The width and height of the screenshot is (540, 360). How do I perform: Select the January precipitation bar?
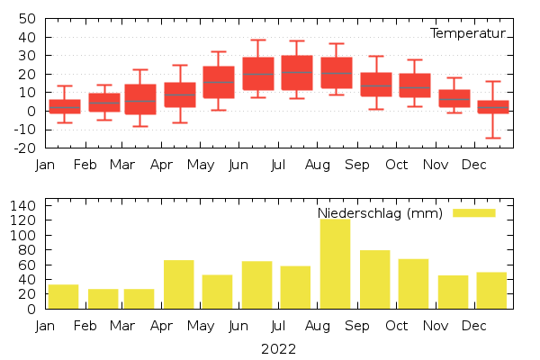point(63,296)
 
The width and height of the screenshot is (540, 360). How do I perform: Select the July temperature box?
point(297,73)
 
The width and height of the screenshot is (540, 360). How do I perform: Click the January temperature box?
point(65,106)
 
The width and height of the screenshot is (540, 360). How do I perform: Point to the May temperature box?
point(219,82)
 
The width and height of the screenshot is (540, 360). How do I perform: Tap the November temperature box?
point(454,98)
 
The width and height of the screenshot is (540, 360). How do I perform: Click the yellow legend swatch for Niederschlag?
point(473,212)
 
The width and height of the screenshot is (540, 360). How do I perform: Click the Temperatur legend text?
point(468,33)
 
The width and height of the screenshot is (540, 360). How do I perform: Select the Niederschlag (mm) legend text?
point(380,213)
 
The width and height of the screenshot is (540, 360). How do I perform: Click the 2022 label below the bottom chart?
point(278,348)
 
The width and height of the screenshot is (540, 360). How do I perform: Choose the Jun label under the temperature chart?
point(238,165)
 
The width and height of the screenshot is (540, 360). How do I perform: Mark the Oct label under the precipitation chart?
point(396,326)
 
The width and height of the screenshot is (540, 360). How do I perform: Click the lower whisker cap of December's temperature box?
point(492,138)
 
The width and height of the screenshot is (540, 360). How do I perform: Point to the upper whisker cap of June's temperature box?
point(258,40)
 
